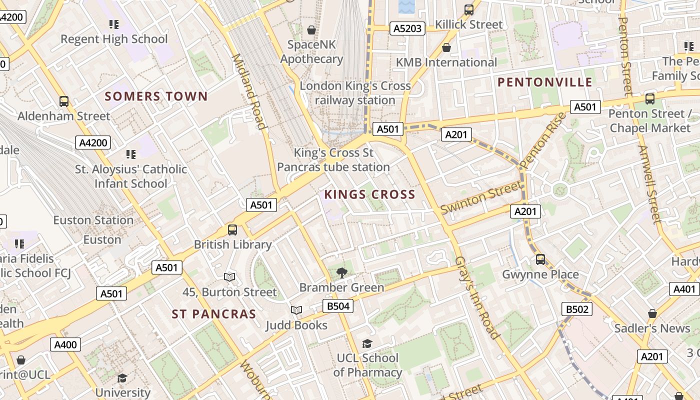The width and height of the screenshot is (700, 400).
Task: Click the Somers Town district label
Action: tap(156, 96)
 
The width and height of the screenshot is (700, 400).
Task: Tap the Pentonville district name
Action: tap(545, 82)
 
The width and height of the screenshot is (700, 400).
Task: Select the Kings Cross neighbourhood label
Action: tap(369, 194)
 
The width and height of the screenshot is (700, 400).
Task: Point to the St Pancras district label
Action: tap(213, 314)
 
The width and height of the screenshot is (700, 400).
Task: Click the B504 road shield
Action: tap(337, 306)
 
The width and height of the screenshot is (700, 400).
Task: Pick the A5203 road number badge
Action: tap(407, 28)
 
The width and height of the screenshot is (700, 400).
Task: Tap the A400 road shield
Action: tap(65, 344)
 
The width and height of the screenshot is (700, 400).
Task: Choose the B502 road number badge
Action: tap(576, 309)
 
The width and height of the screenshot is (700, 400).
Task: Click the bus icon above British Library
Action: tap(232, 230)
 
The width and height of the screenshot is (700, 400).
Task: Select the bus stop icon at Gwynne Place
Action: tap(540, 259)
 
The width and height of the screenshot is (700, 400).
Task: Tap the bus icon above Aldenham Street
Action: tap(64, 101)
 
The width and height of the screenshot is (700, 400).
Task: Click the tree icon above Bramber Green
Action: tap(342, 272)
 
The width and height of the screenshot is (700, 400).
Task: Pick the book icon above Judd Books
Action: tap(296, 310)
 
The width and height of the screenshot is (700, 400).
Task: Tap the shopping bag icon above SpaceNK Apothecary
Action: tap(311, 30)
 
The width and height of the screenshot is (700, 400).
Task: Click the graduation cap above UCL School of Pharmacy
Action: tap(367, 343)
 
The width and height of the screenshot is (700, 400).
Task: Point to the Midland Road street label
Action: tap(248, 91)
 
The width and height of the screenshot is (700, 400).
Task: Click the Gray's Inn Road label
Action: tap(476, 298)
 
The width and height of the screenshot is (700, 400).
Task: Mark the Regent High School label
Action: tap(114, 39)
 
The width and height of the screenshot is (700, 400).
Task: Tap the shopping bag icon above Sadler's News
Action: tap(652, 313)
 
